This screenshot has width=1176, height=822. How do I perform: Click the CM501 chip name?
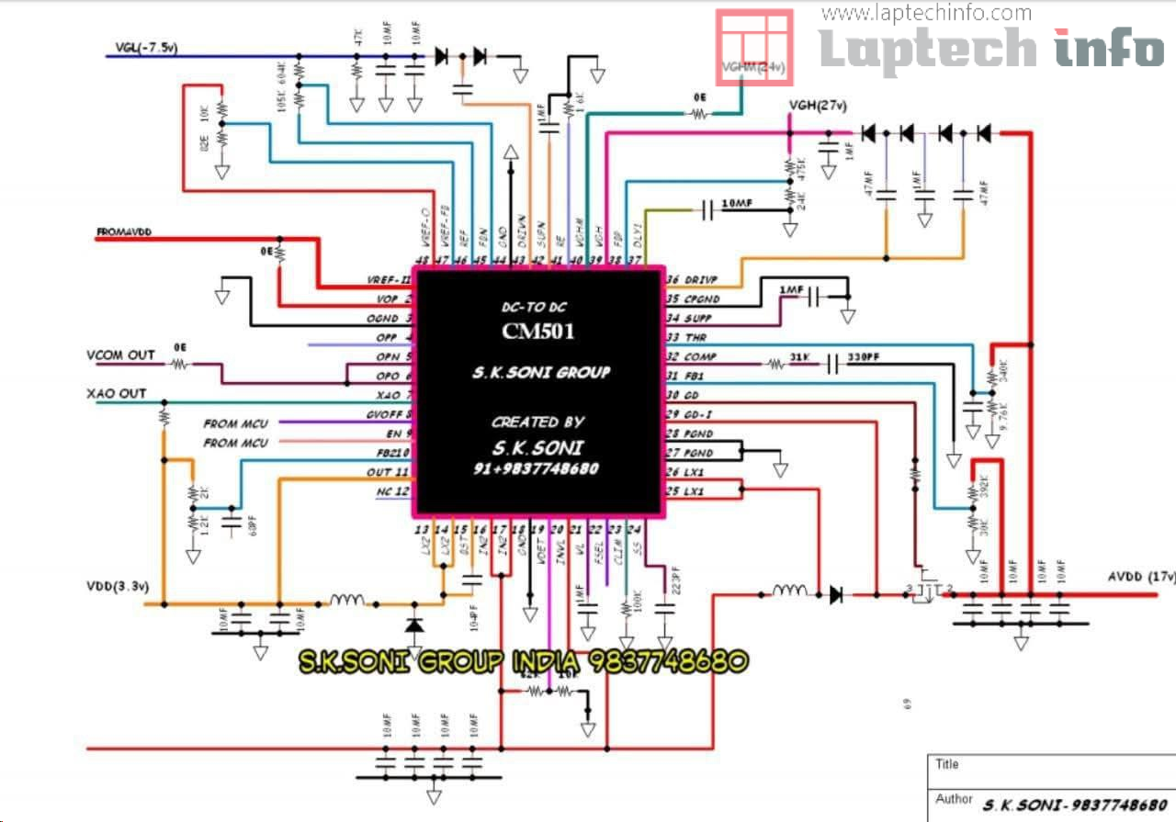click(x=537, y=330)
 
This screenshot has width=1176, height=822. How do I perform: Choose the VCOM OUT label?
click(x=121, y=355)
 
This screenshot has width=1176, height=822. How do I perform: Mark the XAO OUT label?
click(x=117, y=393)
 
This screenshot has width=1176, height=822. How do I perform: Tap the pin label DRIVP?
click(x=699, y=279)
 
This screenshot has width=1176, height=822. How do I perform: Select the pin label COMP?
click(x=700, y=356)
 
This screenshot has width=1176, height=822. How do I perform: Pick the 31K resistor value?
click(x=798, y=355)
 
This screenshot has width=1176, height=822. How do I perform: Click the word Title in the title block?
click(x=947, y=764)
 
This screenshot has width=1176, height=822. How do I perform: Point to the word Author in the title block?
click(x=955, y=799)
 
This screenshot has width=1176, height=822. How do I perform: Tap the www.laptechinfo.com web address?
click(x=926, y=13)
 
